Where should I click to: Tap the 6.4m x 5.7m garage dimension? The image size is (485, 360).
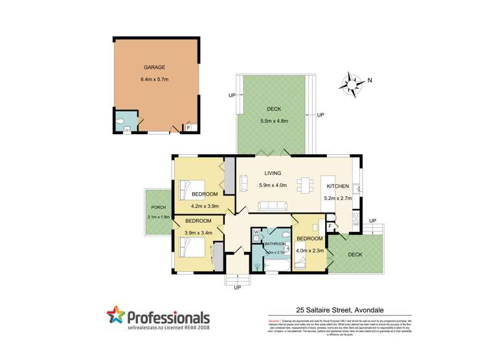click(153, 80)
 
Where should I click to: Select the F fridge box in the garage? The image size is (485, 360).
click(188, 128)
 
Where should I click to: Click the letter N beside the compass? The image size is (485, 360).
click(370, 80)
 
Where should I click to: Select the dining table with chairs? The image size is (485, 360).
click(304, 186)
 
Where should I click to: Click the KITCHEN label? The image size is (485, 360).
click(337, 186)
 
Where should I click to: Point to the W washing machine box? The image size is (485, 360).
click(256, 232)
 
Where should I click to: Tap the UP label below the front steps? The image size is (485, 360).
click(237, 287)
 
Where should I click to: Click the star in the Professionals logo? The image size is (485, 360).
click(115, 317)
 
